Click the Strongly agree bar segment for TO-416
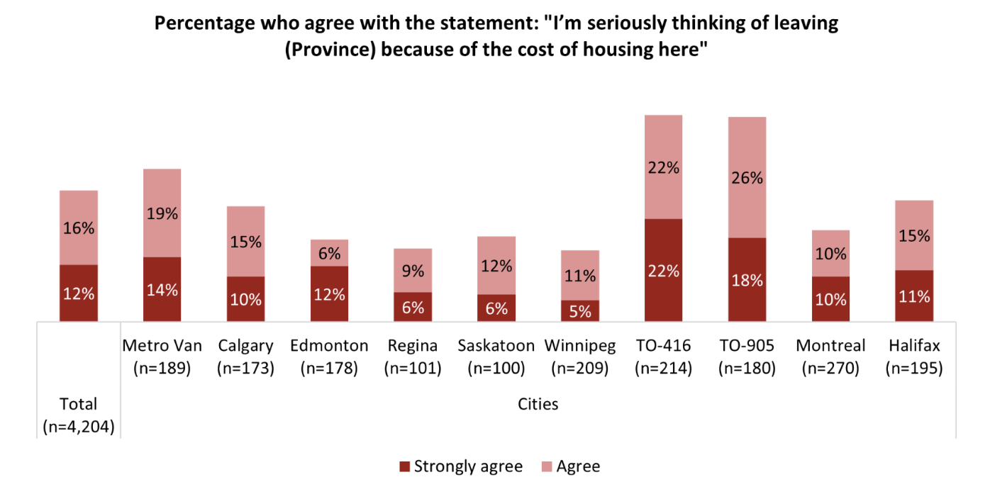pos(663,270)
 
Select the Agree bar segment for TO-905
pos(747,177)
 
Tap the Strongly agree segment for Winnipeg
pos(580,310)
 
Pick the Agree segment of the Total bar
pos(79,228)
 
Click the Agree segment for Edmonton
pos(329,252)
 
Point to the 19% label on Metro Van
pos(162,213)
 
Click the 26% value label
pos(747,178)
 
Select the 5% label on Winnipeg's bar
pos(580,311)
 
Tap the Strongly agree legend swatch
pos(405,466)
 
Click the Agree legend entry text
pos(578,466)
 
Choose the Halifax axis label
pos(915,346)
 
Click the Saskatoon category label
pos(496,346)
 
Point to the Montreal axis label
pos(830,346)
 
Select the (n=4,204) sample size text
pos(79,427)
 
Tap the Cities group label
pos(538,404)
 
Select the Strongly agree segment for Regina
pos(413,307)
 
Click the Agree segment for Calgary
pos(245,241)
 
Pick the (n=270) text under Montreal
pos(830,369)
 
